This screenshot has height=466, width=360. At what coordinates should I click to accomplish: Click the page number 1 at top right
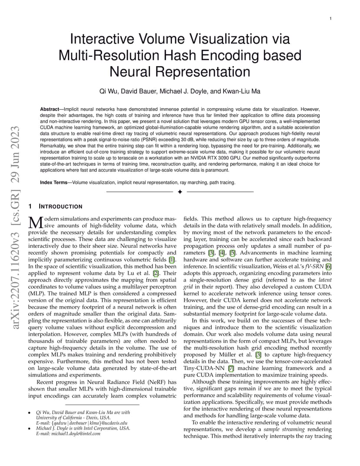tap(330, 19)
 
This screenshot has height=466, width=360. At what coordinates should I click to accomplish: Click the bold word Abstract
tap(49, 109)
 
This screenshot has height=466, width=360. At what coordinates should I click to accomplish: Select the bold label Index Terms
tap(53, 183)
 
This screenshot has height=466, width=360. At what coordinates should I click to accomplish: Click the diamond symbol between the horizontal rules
tap(180, 192)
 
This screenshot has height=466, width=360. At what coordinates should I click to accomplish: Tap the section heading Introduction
tap(60, 206)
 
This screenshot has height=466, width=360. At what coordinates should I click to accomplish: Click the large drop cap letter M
tap(36, 222)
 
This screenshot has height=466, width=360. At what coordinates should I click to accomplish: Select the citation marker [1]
tap(172, 260)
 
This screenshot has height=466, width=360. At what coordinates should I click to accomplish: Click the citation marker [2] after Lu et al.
tap(156, 273)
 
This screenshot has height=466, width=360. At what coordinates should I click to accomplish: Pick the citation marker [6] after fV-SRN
tap(329, 266)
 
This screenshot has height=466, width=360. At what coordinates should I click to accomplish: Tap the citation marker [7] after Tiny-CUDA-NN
tap(231, 369)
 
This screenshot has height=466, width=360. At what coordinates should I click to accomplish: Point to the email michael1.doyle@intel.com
tap(76, 433)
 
